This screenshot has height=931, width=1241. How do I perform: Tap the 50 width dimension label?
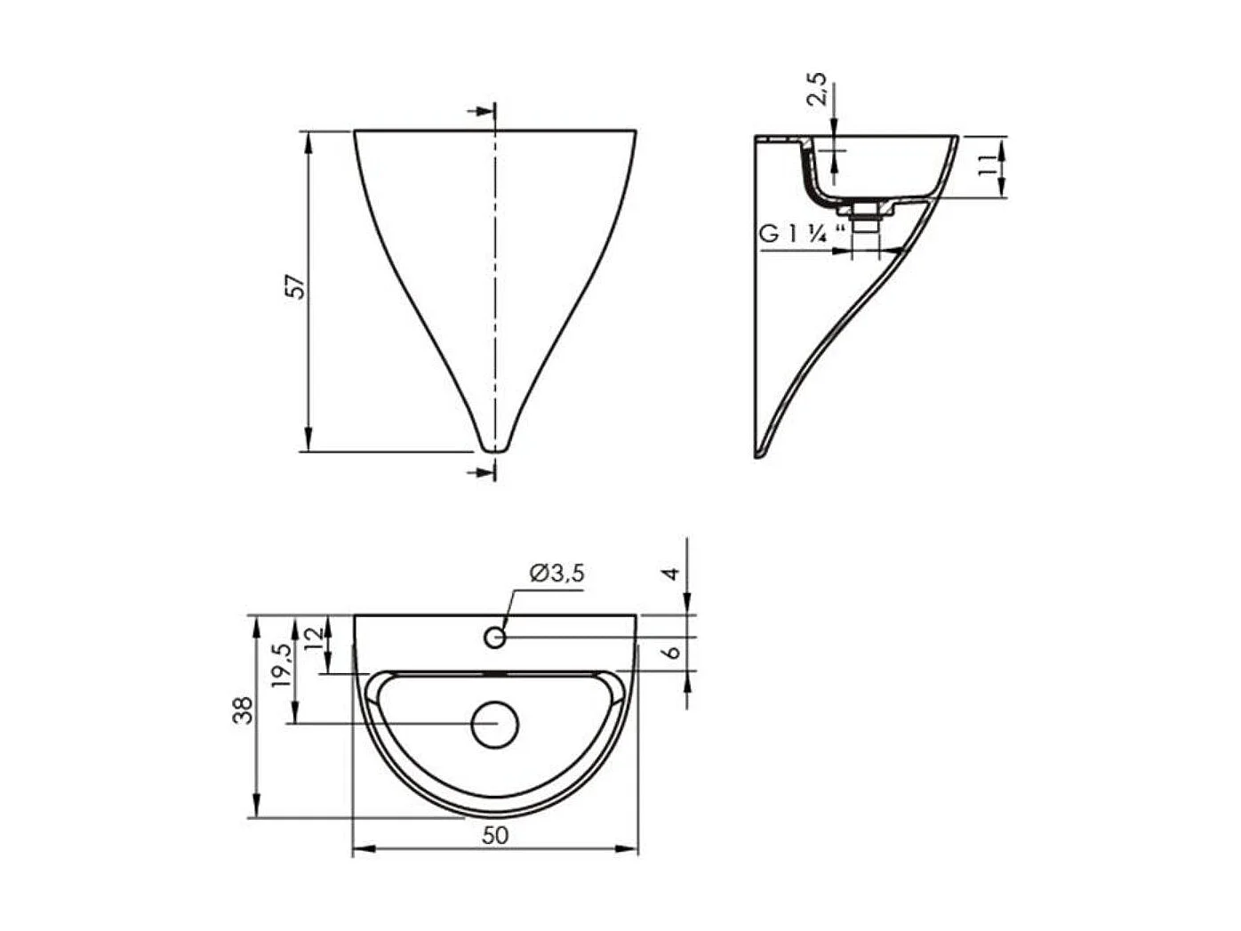coord(495,835)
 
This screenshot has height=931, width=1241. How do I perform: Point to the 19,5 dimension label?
coord(281,664)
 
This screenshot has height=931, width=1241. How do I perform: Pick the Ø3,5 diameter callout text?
coord(556,574)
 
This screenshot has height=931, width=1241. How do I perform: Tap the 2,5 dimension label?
coord(818,90)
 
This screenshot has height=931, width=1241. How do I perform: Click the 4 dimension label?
coord(673,573)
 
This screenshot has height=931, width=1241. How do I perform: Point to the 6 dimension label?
coord(673,651)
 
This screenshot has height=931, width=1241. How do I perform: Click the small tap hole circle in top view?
coord(495,637)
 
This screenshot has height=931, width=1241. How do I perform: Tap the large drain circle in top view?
coord(494,723)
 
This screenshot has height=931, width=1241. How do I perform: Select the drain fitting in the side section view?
coord(864,214)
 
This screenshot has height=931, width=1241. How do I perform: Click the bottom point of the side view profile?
coord(758,454)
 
